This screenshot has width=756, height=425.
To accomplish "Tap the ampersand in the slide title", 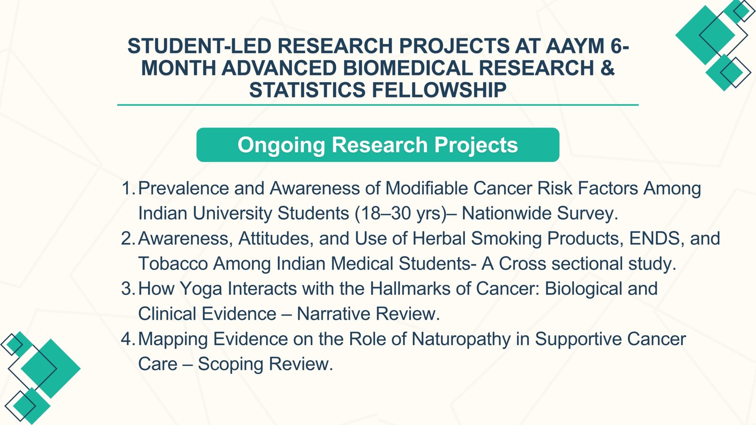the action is click(608, 68).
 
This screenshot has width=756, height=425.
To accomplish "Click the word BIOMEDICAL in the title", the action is click(408, 68).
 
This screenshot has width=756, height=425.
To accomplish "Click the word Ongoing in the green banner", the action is click(281, 145).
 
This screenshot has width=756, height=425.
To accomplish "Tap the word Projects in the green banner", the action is click(476, 145).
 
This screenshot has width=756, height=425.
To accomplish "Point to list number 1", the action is click(128, 188).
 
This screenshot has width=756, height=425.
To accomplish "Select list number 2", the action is click(128, 238).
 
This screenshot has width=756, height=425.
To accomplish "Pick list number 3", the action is click(128, 289).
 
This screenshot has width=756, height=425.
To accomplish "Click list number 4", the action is click(128, 339).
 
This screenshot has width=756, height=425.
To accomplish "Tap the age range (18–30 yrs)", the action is click(401, 213).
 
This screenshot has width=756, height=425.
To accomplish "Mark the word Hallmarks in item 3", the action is click(410, 289).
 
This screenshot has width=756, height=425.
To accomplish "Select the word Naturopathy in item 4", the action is click(461, 340).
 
